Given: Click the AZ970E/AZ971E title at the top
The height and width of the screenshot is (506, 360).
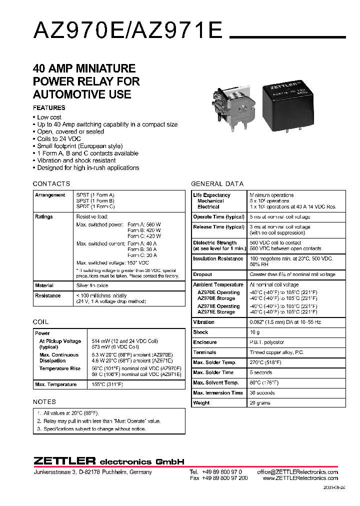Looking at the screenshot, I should [x=127, y=31].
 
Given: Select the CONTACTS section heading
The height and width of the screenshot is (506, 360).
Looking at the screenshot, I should [x=51, y=183].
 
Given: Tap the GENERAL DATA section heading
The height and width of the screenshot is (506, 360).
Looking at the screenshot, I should [x=217, y=183].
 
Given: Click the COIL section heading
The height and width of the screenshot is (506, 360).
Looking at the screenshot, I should [x=41, y=322].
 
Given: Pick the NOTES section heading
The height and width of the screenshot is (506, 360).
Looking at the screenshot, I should [x=44, y=401].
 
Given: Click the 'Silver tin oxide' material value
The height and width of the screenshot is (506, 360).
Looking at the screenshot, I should [x=92, y=285].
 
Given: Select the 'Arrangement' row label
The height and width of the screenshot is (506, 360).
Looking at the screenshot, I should [x=50, y=195].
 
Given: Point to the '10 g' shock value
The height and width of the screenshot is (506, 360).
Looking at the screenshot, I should [x=254, y=332].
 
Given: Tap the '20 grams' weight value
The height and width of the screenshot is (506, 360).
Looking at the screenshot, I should [x=260, y=402].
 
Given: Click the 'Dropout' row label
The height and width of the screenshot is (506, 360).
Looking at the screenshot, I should [x=202, y=274].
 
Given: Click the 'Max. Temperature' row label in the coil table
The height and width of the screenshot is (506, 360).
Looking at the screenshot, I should [x=56, y=384].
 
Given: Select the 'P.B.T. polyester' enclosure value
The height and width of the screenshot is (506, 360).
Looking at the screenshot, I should [x=267, y=342].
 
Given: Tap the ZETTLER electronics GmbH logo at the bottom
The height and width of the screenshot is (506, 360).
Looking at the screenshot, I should [x=109, y=461].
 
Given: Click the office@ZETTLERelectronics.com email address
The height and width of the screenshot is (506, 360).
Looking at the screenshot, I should [x=297, y=472].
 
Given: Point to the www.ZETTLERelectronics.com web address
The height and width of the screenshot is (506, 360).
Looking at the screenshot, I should [x=299, y=478].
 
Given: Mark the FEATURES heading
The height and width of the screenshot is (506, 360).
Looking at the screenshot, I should [x=49, y=107].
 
